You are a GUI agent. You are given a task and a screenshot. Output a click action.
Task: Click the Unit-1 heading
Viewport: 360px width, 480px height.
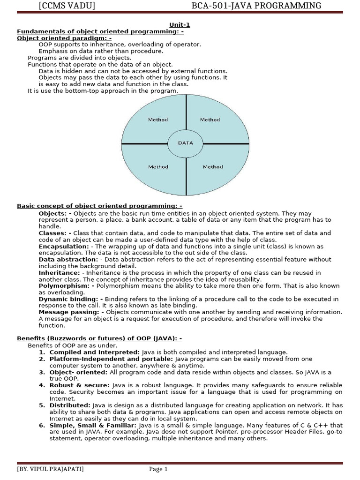180,25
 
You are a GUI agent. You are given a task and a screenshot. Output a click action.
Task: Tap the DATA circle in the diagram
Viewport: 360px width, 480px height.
185,143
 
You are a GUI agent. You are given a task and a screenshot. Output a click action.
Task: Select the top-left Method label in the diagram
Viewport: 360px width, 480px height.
158,120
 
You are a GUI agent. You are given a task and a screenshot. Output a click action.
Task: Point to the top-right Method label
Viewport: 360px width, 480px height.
210,120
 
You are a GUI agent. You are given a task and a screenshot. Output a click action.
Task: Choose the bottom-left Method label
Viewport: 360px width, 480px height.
158,167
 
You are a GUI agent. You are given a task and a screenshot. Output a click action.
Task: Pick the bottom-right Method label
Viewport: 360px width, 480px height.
213,167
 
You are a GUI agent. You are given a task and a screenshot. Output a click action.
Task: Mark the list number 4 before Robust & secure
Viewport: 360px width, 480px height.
41,385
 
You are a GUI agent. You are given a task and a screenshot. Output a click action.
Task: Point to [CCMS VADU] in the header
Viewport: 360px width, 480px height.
67,6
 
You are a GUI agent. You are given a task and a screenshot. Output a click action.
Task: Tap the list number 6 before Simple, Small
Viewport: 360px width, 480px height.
41,425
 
